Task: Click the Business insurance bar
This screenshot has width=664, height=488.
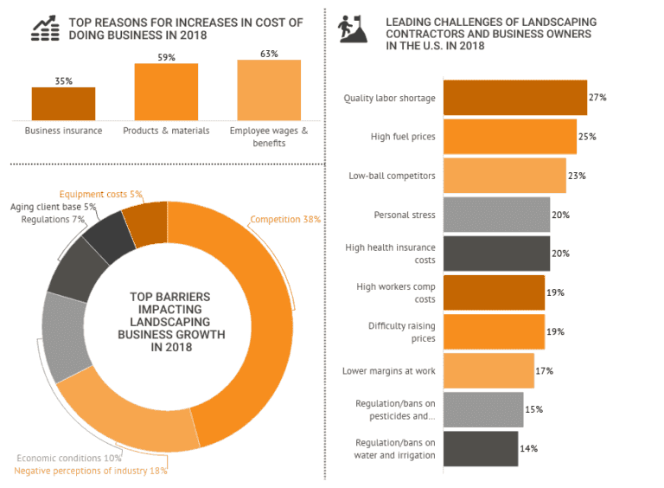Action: [63, 104]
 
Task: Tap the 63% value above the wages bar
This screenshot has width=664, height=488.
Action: [269, 54]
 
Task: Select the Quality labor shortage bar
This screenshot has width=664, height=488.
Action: [514, 98]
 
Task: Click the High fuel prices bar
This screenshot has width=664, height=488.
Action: [509, 137]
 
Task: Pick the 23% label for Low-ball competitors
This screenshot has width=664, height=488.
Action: [577, 176]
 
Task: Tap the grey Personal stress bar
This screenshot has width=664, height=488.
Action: [496, 215]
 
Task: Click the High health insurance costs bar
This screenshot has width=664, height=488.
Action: [496, 254]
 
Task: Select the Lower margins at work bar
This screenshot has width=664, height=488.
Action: [488, 370]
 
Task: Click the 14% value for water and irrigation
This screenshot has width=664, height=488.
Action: [529, 448]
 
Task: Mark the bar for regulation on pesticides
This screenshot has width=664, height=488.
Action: [483, 409]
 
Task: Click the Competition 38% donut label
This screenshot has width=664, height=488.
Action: [285, 220]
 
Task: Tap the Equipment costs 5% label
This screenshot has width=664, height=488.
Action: [100, 194]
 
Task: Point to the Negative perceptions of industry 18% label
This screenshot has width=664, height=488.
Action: [91, 471]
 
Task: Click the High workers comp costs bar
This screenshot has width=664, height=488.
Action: [494, 292]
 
